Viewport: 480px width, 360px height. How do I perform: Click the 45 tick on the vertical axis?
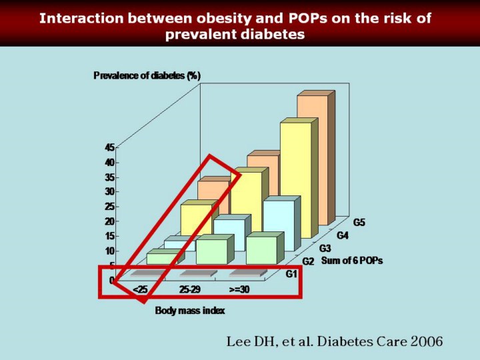pyautogui.click(x=109, y=147)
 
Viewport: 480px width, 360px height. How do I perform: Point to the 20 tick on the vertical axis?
pyautogui.click(x=109, y=221)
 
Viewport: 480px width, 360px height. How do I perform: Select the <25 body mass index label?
pyautogui.click(x=140, y=290)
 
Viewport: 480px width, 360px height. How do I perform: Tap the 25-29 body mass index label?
pyautogui.click(x=189, y=290)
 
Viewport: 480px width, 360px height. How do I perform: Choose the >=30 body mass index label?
pyautogui.click(x=239, y=290)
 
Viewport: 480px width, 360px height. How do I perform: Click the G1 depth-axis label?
pyautogui.click(x=291, y=274)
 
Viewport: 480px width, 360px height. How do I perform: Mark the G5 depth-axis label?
pyautogui.click(x=359, y=222)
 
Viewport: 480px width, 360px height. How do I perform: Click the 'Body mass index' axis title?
pyautogui.click(x=189, y=310)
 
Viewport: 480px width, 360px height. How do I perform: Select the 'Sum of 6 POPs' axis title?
pyautogui.click(x=352, y=261)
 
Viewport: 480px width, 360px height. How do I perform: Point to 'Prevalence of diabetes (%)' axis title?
pyautogui.click(x=147, y=75)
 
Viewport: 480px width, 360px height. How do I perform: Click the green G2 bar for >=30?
pyautogui.click(x=261, y=250)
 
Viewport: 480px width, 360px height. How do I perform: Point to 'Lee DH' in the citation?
pyautogui.click(x=249, y=341)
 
